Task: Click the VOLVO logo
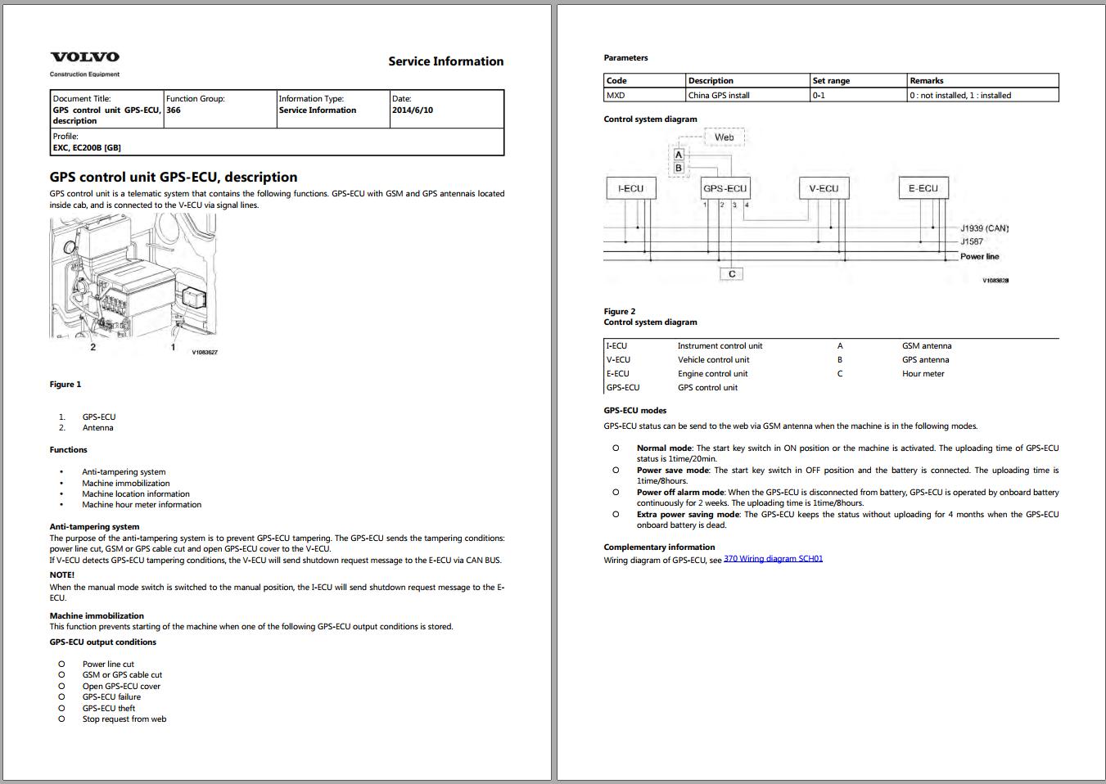coord(84,56)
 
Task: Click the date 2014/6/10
coord(413,110)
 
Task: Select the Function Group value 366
coord(174,110)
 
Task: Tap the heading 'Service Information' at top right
coord(445,61)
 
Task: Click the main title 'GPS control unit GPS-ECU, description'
coord(174,177)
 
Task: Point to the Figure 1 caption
coord(65,385)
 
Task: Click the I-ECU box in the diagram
coord(630,189)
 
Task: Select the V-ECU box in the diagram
coord(824,189)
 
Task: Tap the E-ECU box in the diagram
coord(923,188)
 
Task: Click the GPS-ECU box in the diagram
coord(725,189)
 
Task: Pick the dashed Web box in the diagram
coord(725,137)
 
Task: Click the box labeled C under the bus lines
coord(732,274)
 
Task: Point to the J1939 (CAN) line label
coord(984,228)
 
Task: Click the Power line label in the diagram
coord(979,257)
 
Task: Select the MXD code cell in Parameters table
coord(616,96)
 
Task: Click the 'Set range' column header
coord(831,81)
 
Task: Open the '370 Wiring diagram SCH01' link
coord(773,559)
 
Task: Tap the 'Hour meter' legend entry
coord(923,374)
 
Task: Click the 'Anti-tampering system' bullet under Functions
coord(124,472)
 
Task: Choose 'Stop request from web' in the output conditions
coord(124,719)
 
